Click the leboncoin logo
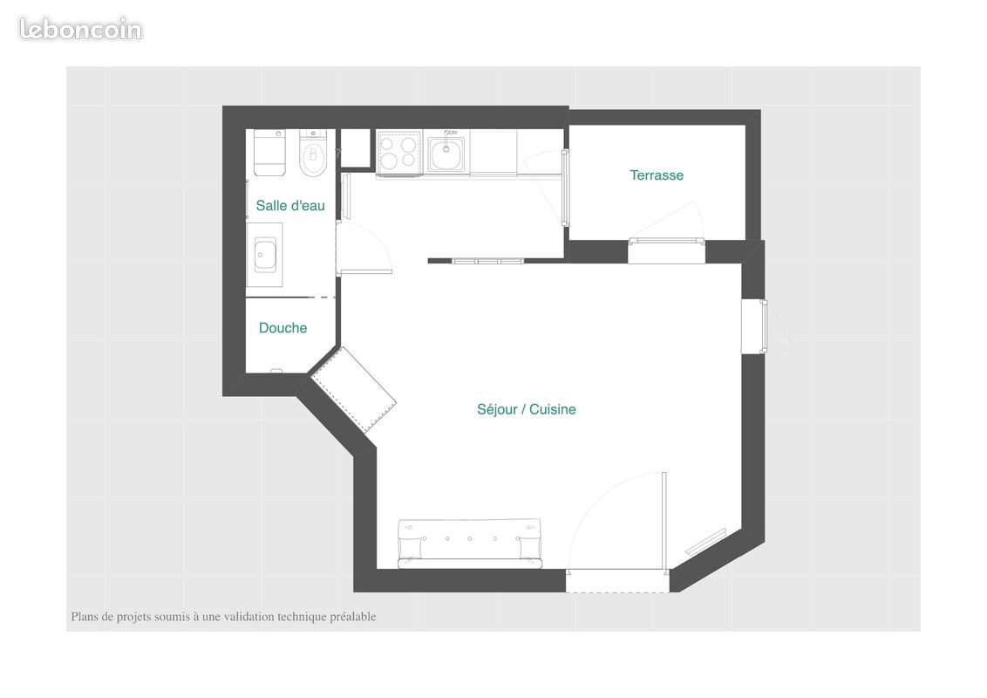pos(80,29)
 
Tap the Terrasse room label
pos(657,175)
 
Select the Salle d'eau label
pos(290,206)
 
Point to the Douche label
pos(282,328)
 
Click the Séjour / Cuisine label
pos(526,409)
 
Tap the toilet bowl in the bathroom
pos(313,154)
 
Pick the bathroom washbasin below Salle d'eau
pos(265,255)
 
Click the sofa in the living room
pos(469,543)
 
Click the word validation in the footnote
pos(249,617)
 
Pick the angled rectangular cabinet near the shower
pos(354,389)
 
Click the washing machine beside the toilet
pos(269,153)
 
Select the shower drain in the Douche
pos(279,369)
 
